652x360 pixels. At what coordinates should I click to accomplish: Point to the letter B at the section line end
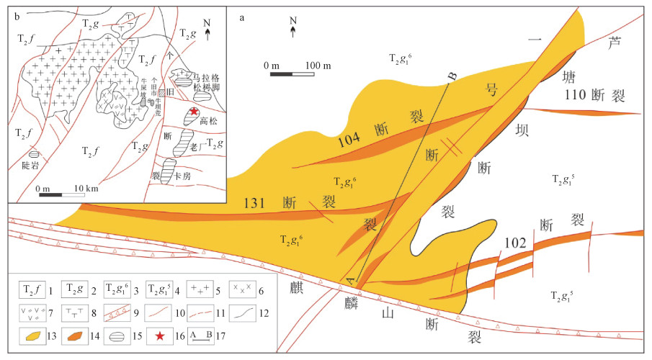click(453, 76)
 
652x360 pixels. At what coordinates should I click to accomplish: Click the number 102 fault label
click(515, 243)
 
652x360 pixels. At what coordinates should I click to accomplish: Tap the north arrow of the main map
click(292, 30)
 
